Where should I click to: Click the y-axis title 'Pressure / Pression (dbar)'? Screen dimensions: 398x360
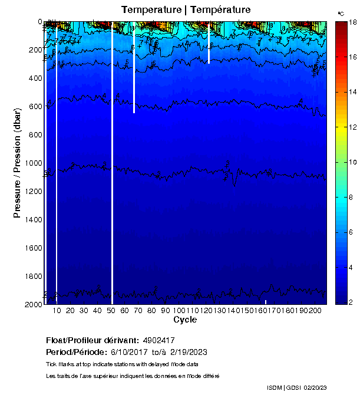[17, 163]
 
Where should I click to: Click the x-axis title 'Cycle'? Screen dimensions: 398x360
[185, 320]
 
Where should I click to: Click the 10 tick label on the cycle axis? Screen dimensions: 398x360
[57, 311]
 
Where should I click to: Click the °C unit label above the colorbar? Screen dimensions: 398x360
[341, 13]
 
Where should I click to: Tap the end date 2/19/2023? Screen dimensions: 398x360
[188, 352]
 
